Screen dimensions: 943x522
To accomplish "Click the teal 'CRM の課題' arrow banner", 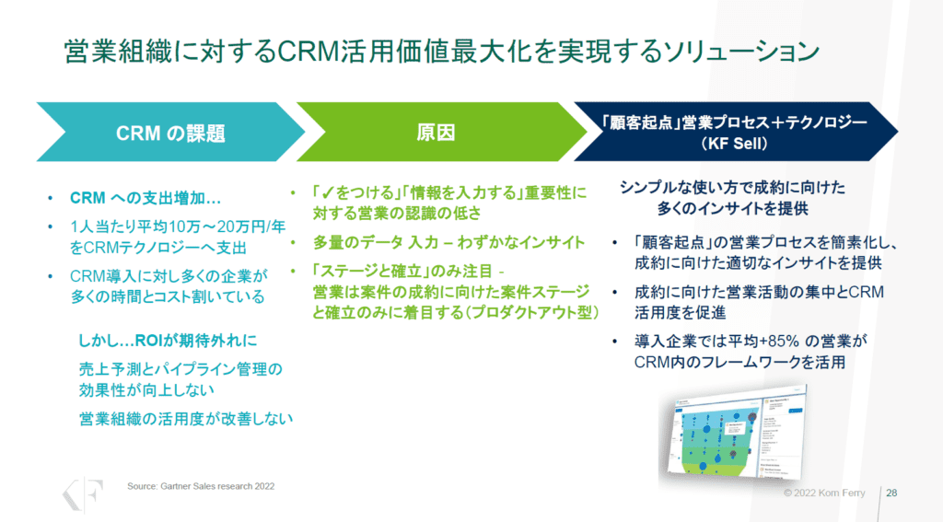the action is click(x=170, y=133).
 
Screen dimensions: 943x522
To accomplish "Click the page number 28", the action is click(x=891, y=493).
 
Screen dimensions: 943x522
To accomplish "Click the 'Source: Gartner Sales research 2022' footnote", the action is click(x=200, y=485).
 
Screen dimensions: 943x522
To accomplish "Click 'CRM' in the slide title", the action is click(x=305, y=49).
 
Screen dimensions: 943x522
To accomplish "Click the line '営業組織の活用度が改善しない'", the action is click(x=186, y=417).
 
